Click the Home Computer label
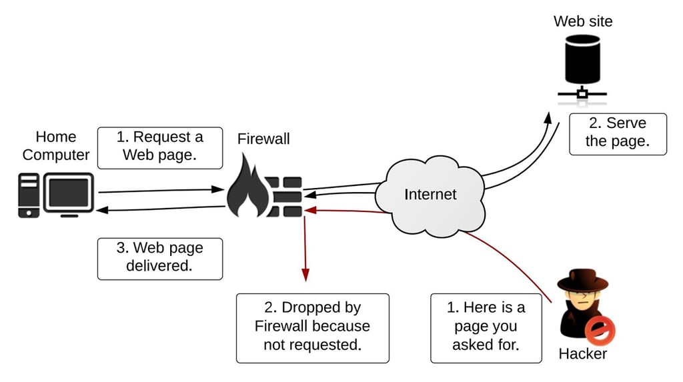[56, 146]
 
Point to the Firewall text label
[263, 139]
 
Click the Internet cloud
[430, 194]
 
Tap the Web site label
[582, 21]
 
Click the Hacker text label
[582, 353]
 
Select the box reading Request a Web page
[160, 147]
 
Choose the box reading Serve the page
[617, 133]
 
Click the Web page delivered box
[160, 258]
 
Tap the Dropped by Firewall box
[312, 327]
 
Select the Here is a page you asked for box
[486, 327]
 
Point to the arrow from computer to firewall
[160, 191]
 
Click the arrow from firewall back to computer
[160, 209]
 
